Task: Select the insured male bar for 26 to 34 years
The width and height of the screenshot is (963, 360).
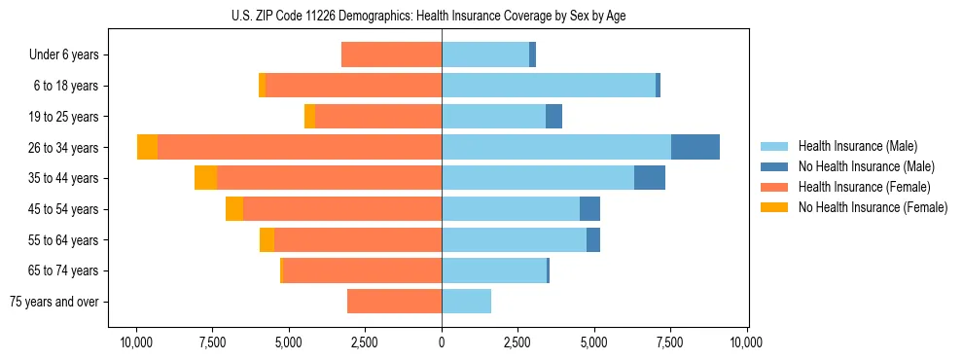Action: pos(556,147)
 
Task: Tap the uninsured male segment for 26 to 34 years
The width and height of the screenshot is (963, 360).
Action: pos(695,147)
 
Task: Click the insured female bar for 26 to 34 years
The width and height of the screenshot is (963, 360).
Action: pos(300,147)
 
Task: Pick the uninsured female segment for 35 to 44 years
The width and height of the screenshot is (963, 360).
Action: pos(205,178)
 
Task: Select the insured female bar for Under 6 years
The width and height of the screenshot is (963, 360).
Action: pos(392,54)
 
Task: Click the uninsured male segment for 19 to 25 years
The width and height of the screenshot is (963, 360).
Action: pos(553,117)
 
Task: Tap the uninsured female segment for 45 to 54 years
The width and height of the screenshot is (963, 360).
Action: pos(234,209)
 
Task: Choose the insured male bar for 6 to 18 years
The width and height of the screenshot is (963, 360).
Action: pos(549,86)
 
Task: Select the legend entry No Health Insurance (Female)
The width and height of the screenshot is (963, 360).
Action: pos(873,207)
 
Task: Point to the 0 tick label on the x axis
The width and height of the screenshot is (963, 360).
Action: pos(442,342)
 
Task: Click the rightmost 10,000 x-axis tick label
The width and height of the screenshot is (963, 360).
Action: pos(746,342)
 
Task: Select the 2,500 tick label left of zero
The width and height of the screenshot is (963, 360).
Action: pos(366,342)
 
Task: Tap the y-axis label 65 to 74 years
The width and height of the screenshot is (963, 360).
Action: pos(63,271)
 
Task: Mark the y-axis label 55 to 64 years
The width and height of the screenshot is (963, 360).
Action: pos(63,240)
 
